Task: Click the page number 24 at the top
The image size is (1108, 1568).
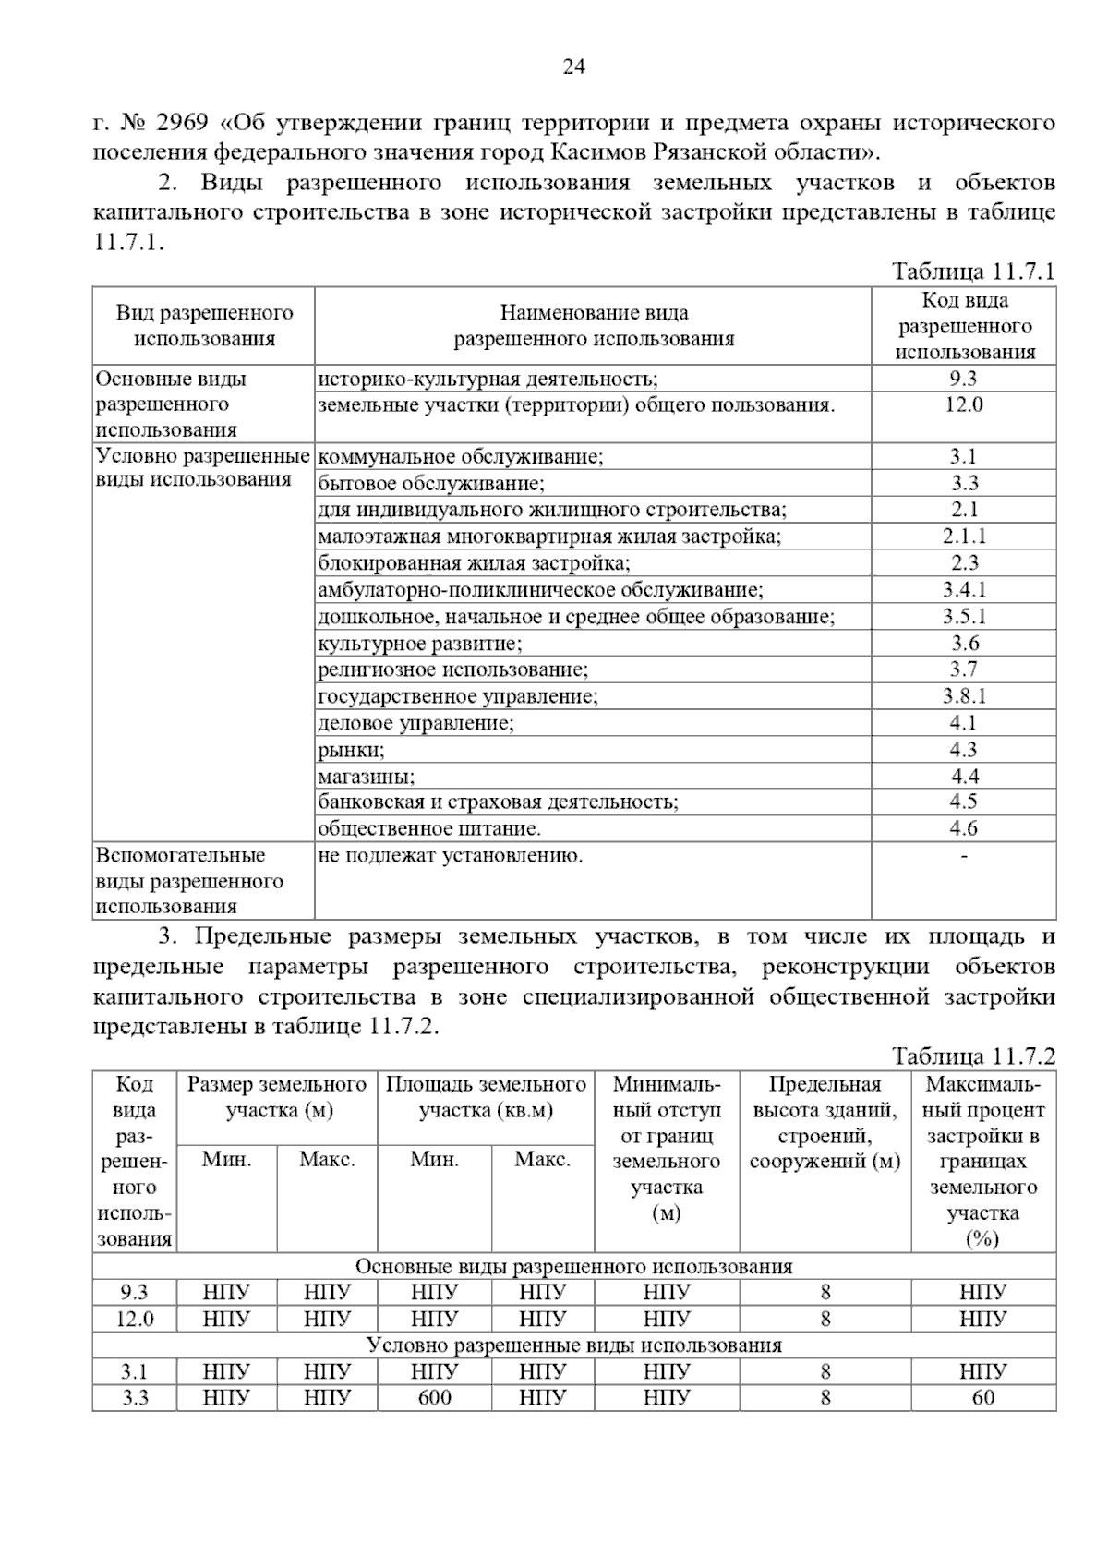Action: point(573,66)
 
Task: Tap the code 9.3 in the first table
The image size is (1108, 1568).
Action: point(963,379)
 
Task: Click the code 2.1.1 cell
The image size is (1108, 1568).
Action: point(964,537)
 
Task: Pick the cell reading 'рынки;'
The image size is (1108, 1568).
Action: point(351,750)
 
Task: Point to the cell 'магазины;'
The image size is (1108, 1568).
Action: point(367,777)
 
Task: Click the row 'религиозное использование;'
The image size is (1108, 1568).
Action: point(452,669)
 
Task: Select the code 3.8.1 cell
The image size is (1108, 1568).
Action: point(964,696)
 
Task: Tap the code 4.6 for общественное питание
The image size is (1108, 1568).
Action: point(964,828)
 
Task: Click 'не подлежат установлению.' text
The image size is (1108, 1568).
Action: point(450,856)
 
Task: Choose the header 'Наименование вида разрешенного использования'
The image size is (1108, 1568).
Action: point(593,326)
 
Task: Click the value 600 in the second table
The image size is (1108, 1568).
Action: point(434,1397)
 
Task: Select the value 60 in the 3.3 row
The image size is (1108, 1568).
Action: point(982,1397)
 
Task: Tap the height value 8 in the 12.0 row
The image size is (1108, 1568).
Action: point(825,1319)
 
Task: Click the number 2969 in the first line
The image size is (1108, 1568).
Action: point(185,123)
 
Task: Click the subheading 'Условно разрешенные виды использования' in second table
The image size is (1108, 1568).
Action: point(573,1345)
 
